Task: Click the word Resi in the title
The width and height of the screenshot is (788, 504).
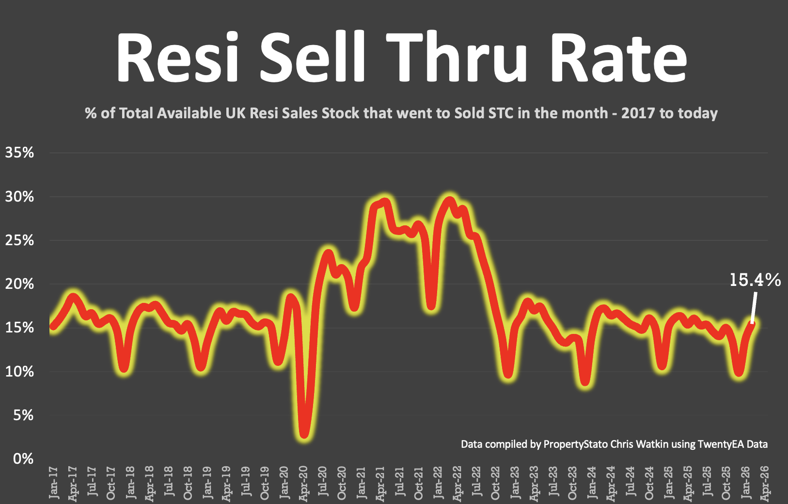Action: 177,57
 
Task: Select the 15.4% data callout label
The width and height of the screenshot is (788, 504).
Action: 755,280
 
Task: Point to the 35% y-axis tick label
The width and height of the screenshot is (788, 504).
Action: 19,153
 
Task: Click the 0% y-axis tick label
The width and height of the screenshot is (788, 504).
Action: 23,458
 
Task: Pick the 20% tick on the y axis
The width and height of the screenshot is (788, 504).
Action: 19,283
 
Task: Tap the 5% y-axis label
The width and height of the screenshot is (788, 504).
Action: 23,415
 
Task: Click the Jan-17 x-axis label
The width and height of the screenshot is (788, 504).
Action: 53,482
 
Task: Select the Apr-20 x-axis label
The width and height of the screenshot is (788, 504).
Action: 303,483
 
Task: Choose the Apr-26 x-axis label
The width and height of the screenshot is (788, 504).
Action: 765,483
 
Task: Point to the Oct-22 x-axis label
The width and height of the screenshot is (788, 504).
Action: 495,483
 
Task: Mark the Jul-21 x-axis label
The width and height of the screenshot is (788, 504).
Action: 399,482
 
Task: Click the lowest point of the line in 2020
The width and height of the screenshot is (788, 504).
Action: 304,433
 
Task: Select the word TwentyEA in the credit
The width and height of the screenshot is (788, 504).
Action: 721,444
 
